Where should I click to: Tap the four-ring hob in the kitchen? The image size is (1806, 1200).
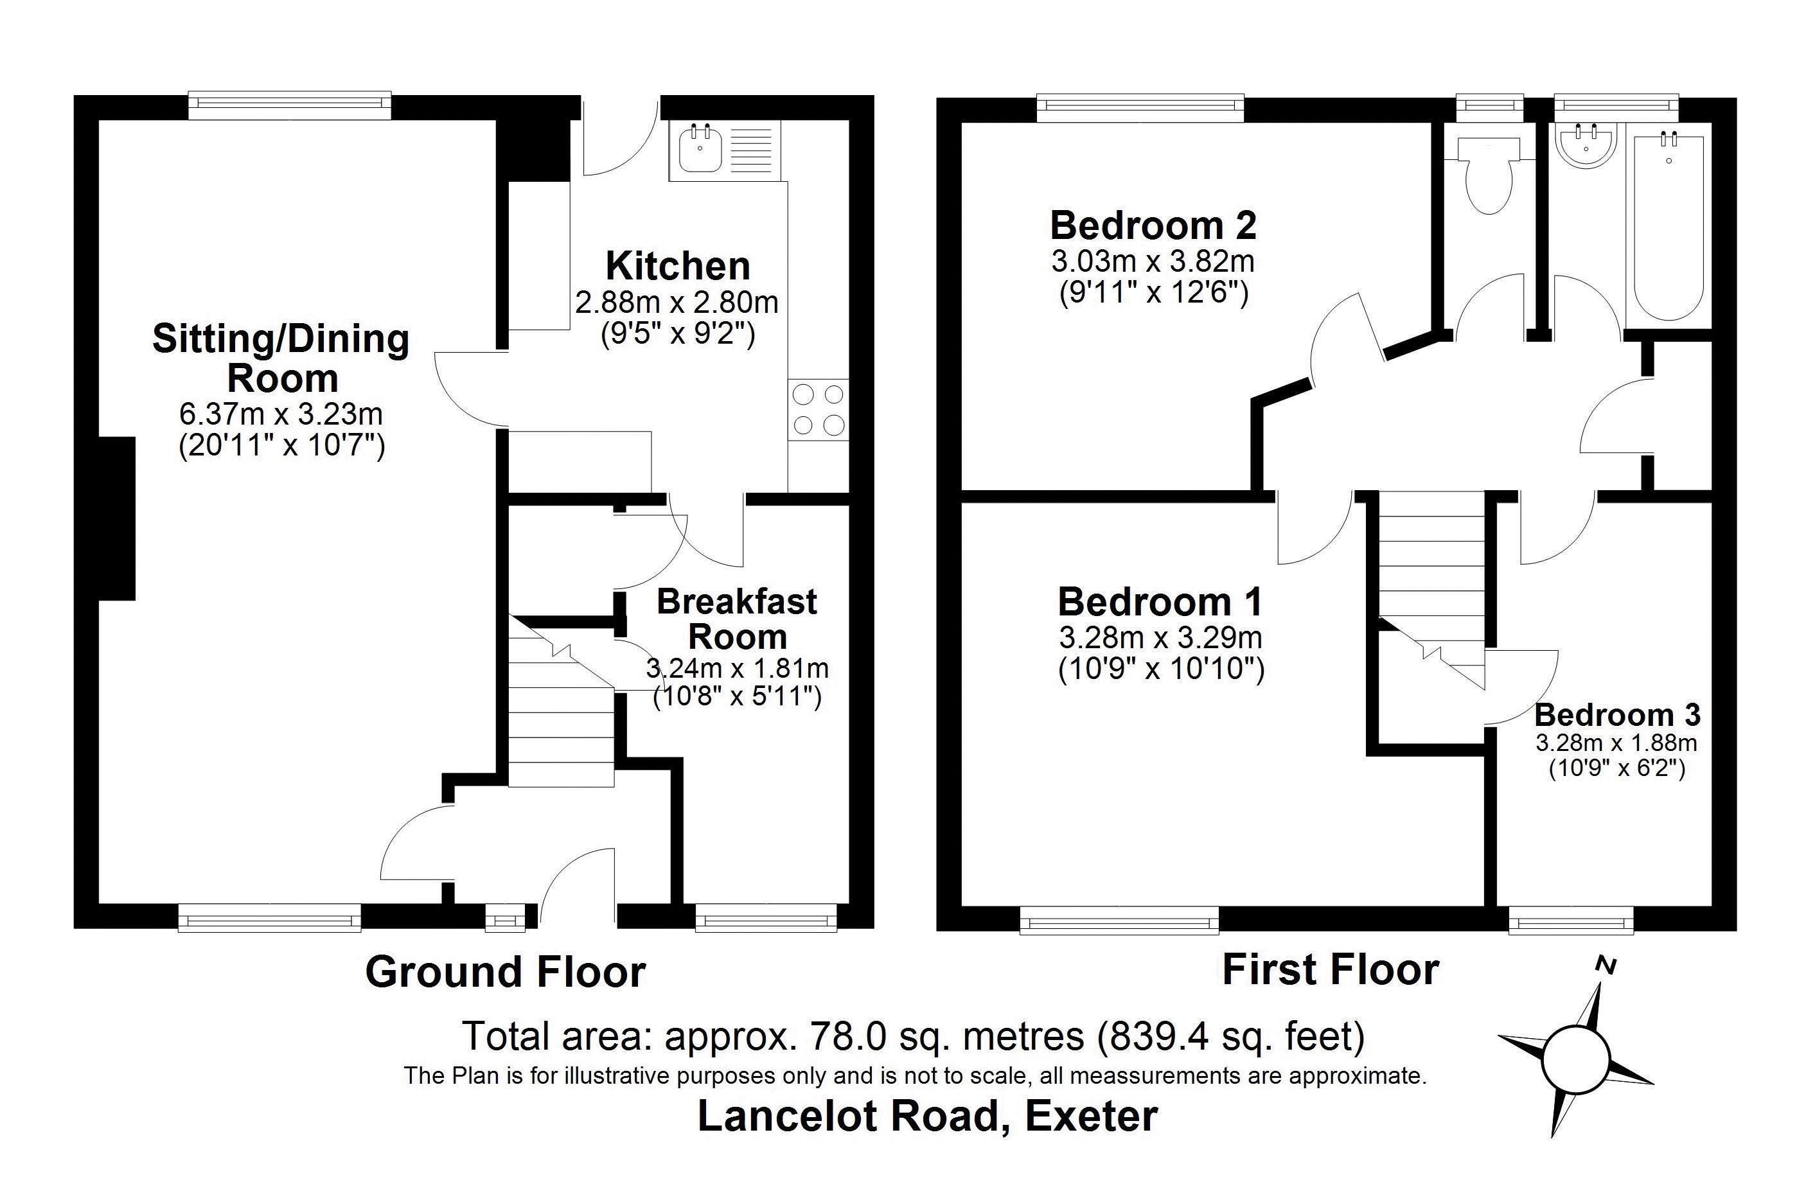(x=818, y=409)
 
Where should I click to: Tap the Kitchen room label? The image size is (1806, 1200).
(x=677, y=267)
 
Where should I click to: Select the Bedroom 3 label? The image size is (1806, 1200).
(x=1617, y=715)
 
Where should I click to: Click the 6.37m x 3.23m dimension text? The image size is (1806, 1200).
(x=281, y=414)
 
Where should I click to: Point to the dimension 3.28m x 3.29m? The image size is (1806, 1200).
(x=1160, y=637)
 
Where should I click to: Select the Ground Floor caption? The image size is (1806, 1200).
(x=505, y=972)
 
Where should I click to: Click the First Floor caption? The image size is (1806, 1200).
(x=1330, y=969)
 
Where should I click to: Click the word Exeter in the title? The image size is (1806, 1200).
(x=1092, y=1116)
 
